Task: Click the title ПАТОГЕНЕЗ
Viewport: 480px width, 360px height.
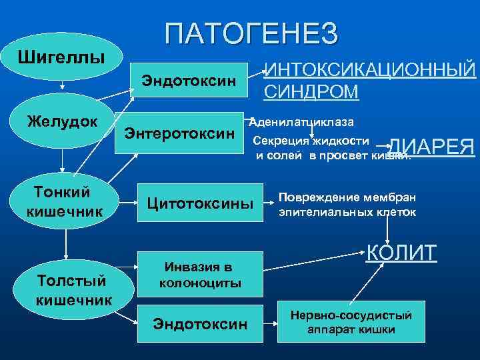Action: (251, 34)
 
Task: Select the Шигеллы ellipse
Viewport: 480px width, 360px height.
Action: (61, 55)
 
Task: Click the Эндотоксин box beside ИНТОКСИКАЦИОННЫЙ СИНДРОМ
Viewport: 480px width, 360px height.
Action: (188, 81)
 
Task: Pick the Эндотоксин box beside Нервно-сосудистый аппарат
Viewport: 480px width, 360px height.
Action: (200, 324)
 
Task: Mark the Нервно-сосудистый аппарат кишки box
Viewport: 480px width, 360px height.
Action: (351, 323)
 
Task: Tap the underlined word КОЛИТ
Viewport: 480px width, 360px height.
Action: (402, 253)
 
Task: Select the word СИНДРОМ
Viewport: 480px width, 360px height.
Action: (311, 91)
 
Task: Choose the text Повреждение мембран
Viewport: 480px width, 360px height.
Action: (347, 198)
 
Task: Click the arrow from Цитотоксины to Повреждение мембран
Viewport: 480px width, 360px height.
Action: (267, 200)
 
